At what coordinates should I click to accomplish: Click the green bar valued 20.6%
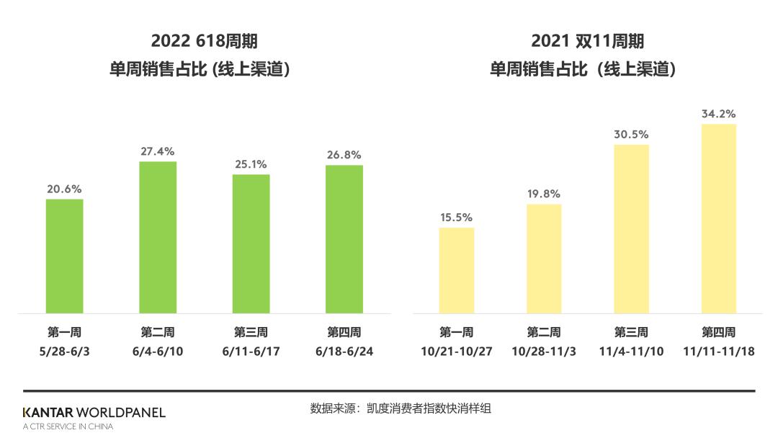point(65,256)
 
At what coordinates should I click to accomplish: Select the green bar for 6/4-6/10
point(158,237)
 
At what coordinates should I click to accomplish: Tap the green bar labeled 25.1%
point(251,243)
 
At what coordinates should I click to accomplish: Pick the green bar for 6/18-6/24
point(344,239)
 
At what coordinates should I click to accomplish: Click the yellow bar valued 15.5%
point(457,270)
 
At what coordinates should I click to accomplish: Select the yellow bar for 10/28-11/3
point(544,259)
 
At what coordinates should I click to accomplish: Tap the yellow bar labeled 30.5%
point(632,228)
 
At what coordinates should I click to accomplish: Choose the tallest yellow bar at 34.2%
point(719,218)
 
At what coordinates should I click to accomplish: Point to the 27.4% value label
point(158,151)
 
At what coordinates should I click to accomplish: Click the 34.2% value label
point(719,114)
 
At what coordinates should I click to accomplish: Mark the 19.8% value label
point(544,194)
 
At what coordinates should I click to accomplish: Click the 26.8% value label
point(344,155)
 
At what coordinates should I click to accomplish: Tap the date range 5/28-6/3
point(65,352)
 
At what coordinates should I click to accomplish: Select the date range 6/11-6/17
point(251,352)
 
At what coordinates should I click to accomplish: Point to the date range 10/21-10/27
point(457,352)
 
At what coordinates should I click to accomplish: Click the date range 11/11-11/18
point(719,352)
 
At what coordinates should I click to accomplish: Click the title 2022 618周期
point(204,41)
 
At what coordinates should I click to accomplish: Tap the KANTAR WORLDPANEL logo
point(94,413)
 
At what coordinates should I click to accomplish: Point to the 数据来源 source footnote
point(401,408)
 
